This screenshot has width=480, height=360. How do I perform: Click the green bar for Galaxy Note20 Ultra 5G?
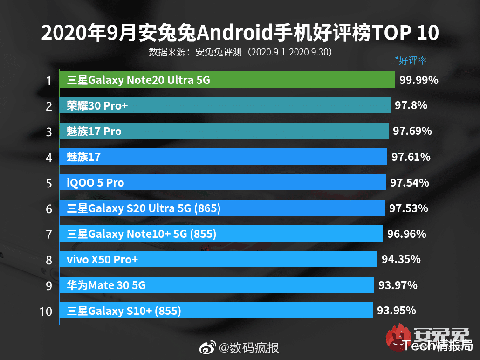coord(227,80)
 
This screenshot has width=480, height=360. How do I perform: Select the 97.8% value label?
coord(411,105)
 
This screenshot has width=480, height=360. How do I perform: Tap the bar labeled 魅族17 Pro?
coord(224,131)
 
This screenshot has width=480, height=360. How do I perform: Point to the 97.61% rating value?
coord(411,157)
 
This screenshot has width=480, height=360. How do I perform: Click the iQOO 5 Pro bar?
coord(223,182)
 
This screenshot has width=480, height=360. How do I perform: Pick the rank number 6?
coord(48,208)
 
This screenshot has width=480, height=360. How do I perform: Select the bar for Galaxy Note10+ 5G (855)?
coord(221,234)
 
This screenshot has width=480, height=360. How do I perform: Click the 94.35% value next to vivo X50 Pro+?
coord(401,259)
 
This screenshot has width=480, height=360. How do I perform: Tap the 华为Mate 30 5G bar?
coord(217,284)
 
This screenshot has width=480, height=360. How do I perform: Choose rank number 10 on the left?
coord(46,311)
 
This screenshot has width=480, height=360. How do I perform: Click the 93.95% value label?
coord(396,310)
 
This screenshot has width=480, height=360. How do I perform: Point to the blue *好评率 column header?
coord(411,60)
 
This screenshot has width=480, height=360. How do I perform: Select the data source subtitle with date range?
coord(240,52)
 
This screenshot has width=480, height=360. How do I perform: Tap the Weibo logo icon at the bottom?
coord(208,347)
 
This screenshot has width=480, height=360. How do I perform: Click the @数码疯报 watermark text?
coord(249,347)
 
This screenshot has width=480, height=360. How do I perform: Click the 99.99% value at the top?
coord(418,80)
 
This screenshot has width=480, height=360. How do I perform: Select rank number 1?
coord(48,81)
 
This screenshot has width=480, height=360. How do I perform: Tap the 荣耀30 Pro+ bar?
coord(225,105)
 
